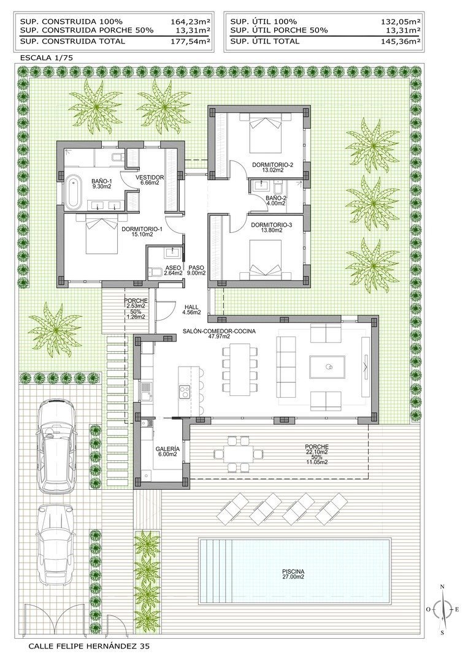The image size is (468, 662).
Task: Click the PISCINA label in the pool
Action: (294, 574)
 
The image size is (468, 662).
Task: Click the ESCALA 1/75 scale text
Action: (47, 57)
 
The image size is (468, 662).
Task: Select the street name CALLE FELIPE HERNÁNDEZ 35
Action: (88, 646)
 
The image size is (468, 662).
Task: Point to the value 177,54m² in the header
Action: (190, 41)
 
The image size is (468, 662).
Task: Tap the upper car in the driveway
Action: (56, 444)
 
